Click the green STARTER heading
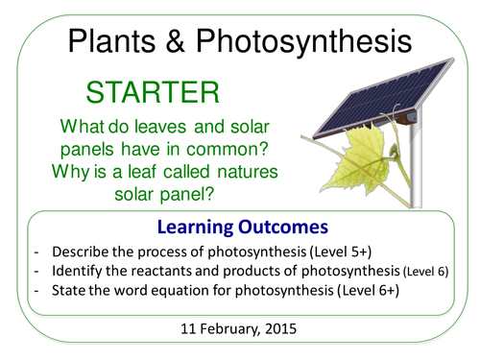click(x=154, y=93)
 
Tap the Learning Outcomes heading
click(x=240, y=228)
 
